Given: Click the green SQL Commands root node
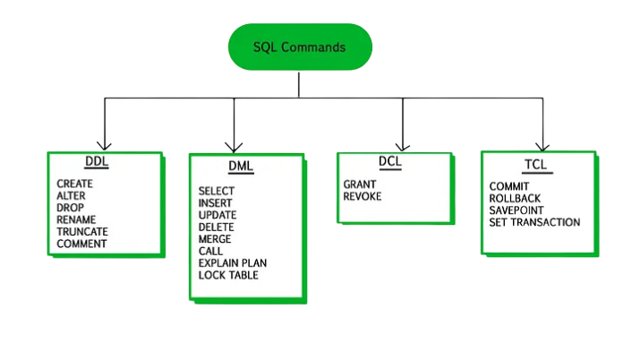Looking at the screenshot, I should click(x=299, y=47).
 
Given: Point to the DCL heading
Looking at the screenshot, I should click(x=389, y=162).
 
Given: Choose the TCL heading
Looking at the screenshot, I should click(x=535, y=165).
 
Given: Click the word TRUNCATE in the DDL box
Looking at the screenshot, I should click(x=81, y=231).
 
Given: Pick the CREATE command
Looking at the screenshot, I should click(x=74, y=183).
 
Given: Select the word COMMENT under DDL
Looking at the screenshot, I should click(x=81, y=244).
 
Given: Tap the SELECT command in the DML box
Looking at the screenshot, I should click(x=217, y=191).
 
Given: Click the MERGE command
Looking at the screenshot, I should click(x=215, y=239).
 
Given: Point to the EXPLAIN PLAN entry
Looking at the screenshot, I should click(x=233, y=263).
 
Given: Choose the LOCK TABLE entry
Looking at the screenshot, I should click(x=228, y=275).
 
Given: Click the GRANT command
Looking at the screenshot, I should click(x=358, y=184).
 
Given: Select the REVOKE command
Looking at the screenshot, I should click(x=362, y=196).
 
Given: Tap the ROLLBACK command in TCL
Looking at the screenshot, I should click(x=516, y=198).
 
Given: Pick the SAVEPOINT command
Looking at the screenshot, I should click(x=516, y=210).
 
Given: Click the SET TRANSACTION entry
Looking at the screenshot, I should click(x=534, y=222).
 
